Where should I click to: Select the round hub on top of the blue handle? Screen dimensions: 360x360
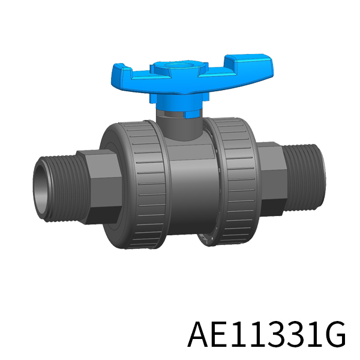tap(179, 66)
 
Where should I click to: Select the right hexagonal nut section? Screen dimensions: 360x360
tap(272, 179)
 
